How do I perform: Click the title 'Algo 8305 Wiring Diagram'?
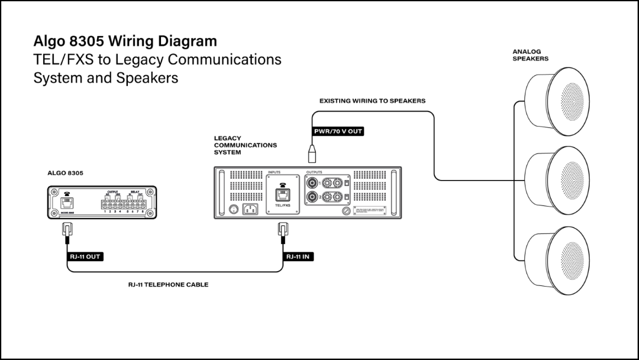tap(125, 41)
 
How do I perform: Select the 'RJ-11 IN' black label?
tap(298, 256)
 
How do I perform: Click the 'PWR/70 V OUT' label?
tap(338, 131)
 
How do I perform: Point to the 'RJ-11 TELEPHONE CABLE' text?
tap(169, 285)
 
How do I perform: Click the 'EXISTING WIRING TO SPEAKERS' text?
tap(372, 101)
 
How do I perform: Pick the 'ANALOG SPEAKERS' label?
tap(530, 55)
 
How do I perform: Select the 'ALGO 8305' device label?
tap(65, 173)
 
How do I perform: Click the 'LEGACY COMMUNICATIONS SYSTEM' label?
tap(245, 145)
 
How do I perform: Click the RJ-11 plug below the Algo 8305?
tap(67, 229)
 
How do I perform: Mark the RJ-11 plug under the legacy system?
tap(283, 229)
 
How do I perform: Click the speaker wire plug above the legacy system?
tap(311, 153)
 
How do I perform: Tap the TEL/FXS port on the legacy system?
tap(282, 195)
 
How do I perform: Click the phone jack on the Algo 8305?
tap(67, 202)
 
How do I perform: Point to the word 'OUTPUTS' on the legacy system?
tap(314, 172)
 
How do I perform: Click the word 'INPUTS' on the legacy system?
tap(274, 172)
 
